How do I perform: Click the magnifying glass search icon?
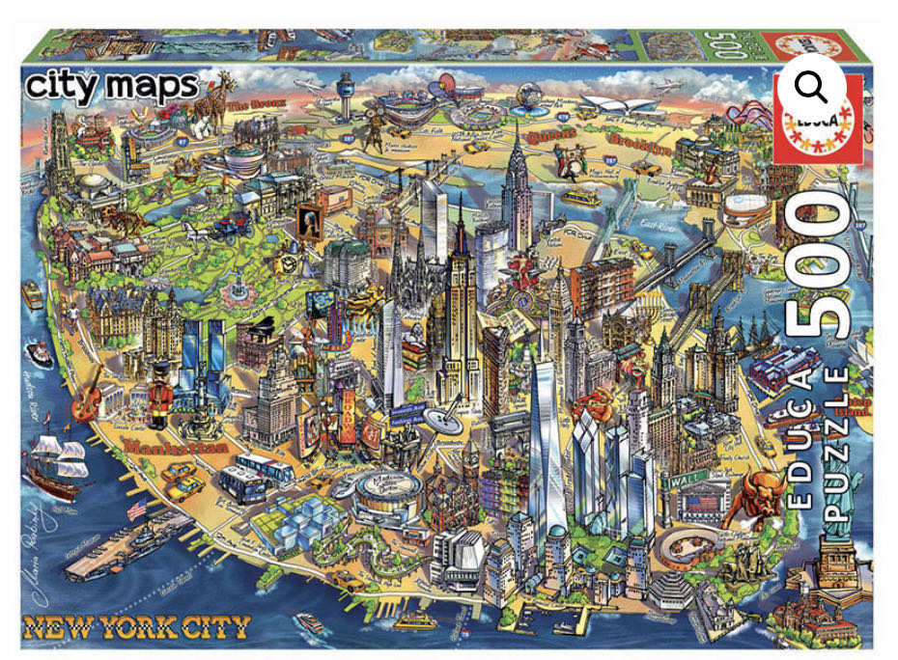(811, 87)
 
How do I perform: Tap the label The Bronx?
(250, 103)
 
